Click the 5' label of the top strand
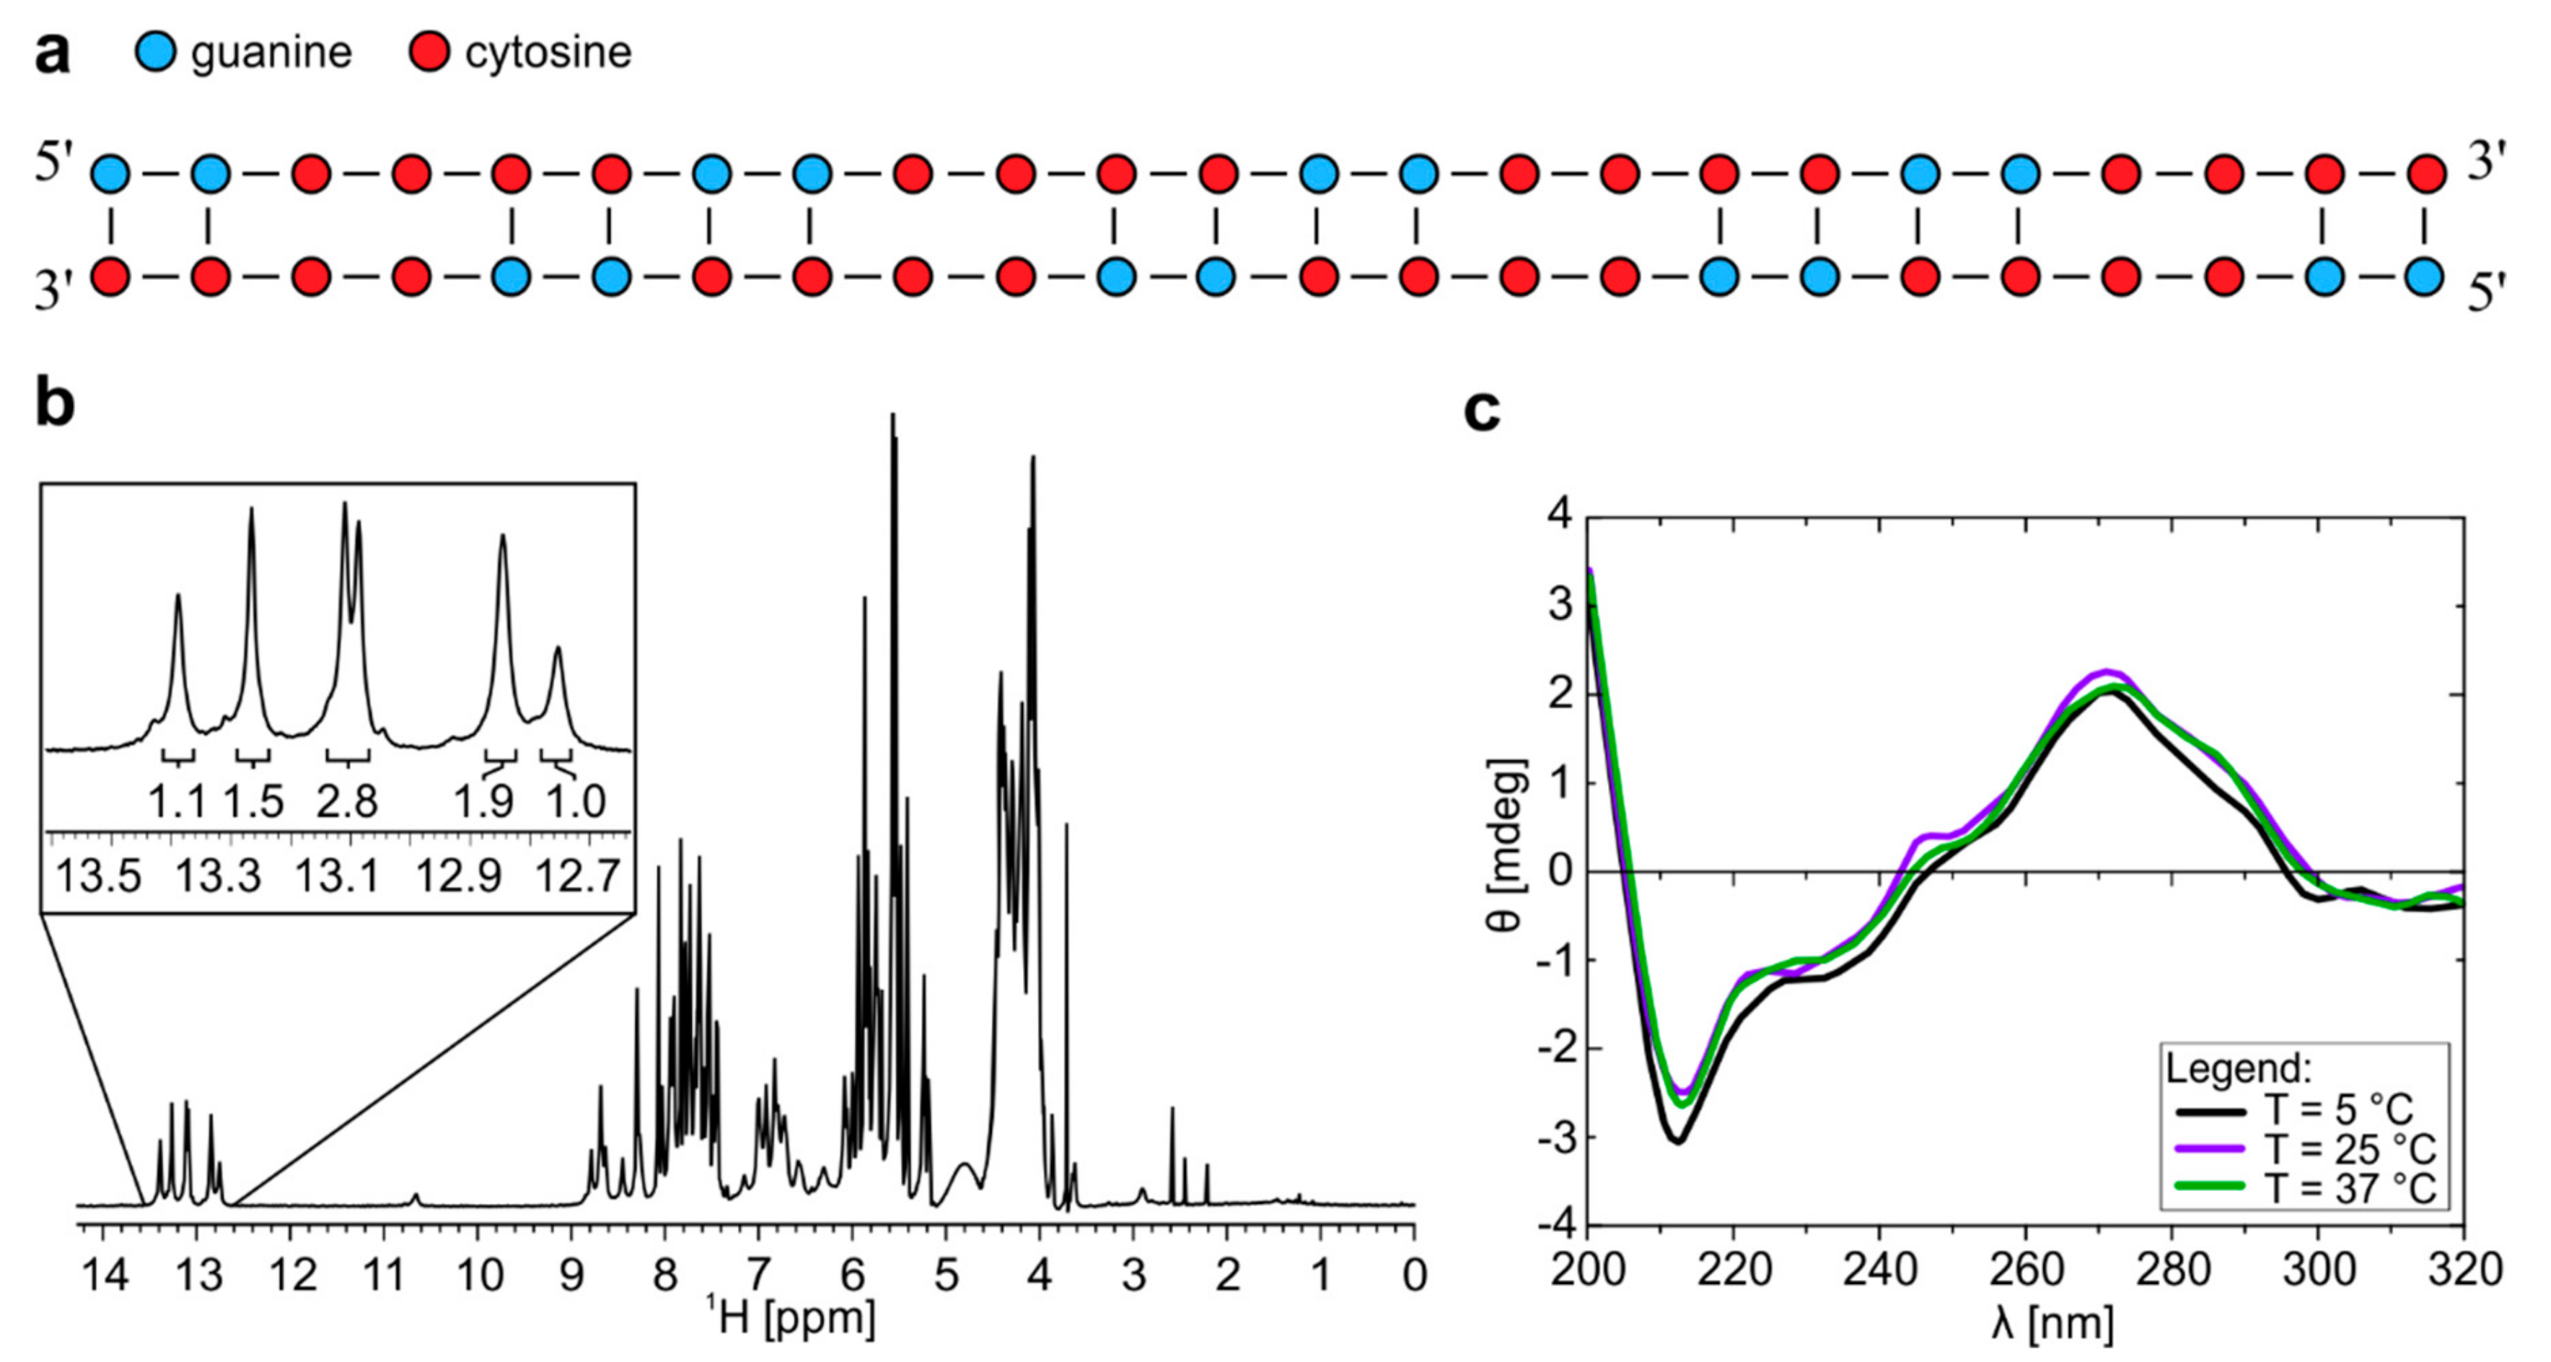tap(53, 163)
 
